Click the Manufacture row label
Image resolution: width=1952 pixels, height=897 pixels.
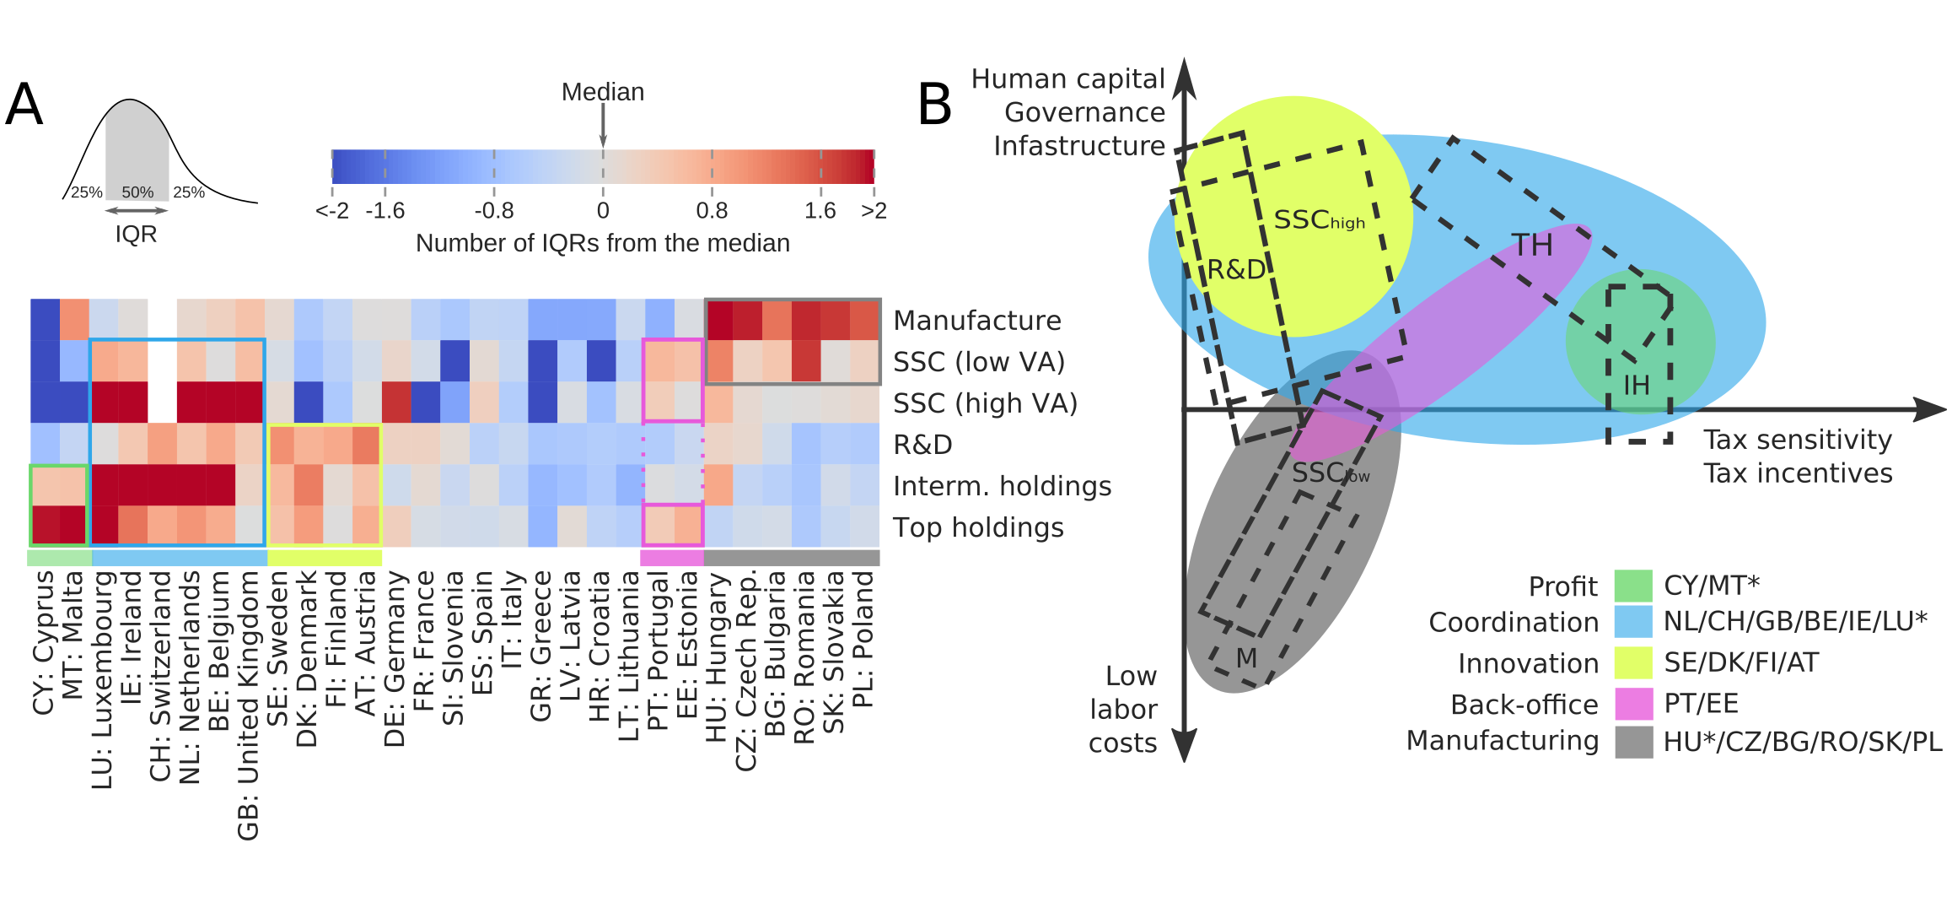click(976, 321)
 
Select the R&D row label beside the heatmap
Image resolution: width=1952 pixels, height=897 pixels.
click(922, 445)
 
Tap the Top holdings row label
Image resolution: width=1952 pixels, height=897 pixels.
click(978, 527)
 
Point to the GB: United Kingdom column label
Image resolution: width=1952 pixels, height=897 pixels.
click(248, 705)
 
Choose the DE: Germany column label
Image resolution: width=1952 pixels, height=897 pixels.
click(394, 659)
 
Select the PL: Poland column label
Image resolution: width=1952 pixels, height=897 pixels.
click(863, 639)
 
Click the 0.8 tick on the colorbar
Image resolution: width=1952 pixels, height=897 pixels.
click(712, 211)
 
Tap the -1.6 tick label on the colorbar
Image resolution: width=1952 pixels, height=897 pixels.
click(384, 211)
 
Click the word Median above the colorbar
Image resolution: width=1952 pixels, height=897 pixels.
click(603, 92)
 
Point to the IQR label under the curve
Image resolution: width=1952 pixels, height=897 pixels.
click(136, 234)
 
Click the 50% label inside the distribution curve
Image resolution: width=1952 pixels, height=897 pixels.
click(137, 192)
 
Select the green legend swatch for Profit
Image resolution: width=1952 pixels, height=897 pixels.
click(1632, 586)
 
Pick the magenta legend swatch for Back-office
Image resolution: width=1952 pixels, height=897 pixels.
click(1632, 704)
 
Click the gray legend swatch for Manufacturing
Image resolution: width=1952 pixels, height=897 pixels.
click(1632, 742)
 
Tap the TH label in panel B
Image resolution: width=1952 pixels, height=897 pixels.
click(1531, 246)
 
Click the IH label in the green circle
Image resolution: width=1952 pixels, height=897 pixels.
click(1636, 386)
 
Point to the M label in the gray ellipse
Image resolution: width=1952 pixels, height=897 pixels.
click(1246, 658)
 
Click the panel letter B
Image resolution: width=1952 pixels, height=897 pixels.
click(934, 105)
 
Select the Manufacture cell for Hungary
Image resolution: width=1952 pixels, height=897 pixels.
click(719, 320)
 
